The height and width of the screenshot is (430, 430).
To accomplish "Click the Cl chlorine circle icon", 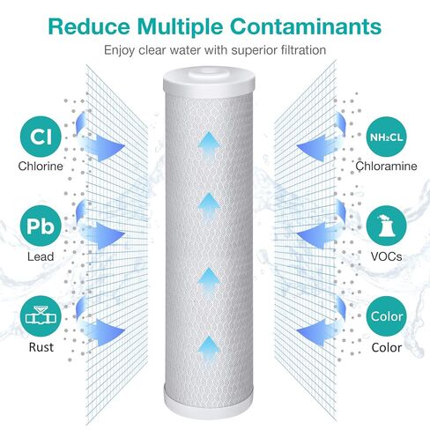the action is click(x=41, y=137).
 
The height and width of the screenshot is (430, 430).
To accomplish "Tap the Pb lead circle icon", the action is click(x=41, y=226).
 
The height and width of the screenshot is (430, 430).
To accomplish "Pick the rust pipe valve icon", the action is click(x=41, y=316).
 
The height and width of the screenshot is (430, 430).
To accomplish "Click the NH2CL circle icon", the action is click(x=386, y=137).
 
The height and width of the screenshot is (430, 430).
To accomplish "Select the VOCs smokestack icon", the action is click(x=386, y=226).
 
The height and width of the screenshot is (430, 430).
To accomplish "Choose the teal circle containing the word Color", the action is click(x=386, y=316).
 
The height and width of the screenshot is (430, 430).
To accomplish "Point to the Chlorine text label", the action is click(x=41, y=167).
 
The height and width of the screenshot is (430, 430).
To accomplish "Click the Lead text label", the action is click(x=41, y=256).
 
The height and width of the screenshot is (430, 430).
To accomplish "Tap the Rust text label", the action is click(x=41, y=347).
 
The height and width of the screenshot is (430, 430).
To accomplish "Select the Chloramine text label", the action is click(x=386, y=167).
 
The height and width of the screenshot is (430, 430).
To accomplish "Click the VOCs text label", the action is click(x=386, y=256).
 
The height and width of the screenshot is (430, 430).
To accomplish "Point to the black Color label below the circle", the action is click(x=386, y=347).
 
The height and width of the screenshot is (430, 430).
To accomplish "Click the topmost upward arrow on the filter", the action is click(x=209, y=145).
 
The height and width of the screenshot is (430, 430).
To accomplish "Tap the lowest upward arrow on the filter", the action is click(x=209, y=350).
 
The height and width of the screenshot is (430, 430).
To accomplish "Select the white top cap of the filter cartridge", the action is click(x=209, y=81).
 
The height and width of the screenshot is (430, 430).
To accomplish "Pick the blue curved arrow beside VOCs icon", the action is click(x=322, y=227).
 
